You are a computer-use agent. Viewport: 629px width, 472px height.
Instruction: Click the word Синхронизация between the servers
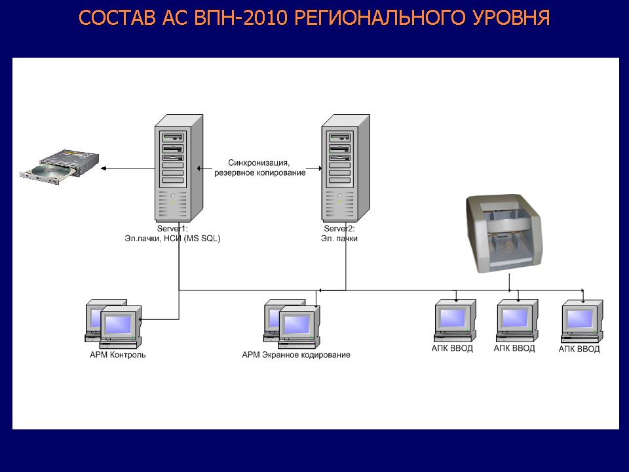[259, 163]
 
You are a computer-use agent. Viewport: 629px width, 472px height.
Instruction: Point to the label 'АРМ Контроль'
[118, 355]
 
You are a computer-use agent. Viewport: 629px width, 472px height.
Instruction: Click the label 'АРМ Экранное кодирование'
[296, 355]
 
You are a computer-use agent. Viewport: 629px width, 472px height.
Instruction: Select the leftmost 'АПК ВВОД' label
[452, 349]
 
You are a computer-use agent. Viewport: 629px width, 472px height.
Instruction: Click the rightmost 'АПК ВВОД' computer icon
[581, 321]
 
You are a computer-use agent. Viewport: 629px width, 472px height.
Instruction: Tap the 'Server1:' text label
[172, 229]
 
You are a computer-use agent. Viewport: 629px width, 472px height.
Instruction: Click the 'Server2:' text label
[339, 229]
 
